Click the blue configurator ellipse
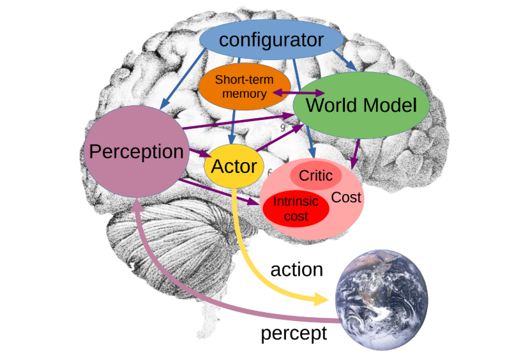click(271, 40)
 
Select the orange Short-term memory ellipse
click(245, 86)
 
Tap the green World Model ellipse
click(361, 105)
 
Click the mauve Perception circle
click(136, 151)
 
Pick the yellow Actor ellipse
click(234, 166)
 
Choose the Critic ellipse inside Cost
click(315, 176)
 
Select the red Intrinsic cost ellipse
click(296, 209)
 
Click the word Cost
click(346, 198)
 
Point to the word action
click(297, 269)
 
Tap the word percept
click(294, 333)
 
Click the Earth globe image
click(381, 300)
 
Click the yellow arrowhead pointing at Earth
click(321, 299)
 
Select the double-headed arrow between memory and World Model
click(299, 93)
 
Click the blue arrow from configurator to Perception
click(183, 79)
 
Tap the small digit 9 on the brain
click(282, 128)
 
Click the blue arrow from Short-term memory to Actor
click(232, 127)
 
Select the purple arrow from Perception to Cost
click(219, 192)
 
